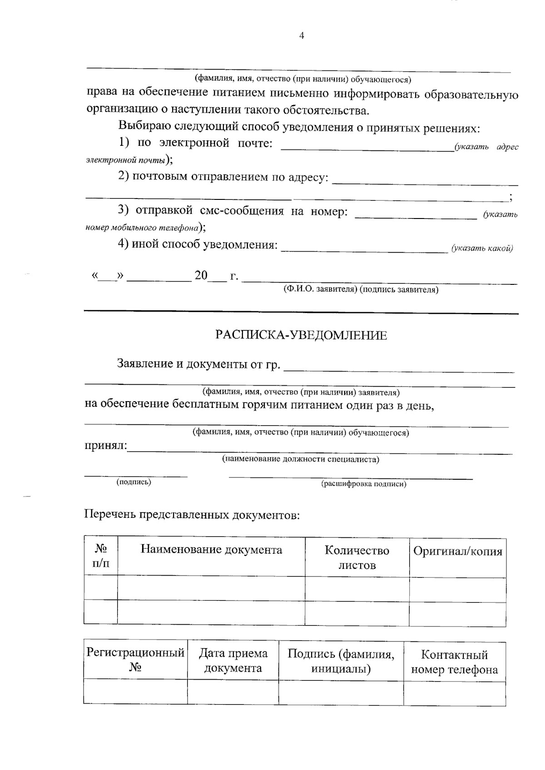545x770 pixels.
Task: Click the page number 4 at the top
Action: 302,36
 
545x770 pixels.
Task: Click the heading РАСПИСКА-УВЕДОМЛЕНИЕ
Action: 301,336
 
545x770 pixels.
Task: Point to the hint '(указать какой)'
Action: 482,248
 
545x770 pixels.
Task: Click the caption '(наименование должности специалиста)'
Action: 300,459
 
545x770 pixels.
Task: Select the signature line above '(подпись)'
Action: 136,475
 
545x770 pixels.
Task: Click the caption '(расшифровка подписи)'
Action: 364,484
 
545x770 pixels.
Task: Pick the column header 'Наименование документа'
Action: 211,550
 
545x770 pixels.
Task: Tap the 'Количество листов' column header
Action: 357,558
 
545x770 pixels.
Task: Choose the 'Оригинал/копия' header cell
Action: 457,551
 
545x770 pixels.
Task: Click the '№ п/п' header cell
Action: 101,556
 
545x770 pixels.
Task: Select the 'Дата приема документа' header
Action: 233,661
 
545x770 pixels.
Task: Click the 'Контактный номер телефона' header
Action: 454,662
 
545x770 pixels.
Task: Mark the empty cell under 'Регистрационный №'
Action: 135,692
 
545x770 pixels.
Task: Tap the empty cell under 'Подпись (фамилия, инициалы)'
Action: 341,692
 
